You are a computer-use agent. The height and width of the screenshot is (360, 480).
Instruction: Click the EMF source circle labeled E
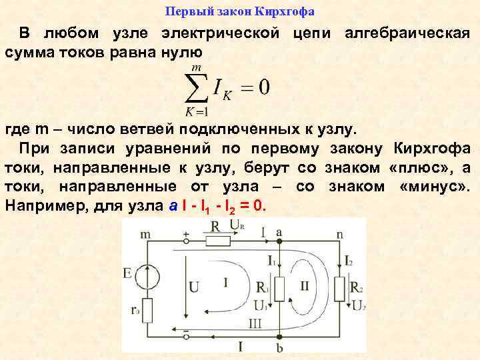pyautogui.click(x=147, y=276)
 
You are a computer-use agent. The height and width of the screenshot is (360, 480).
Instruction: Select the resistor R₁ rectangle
pyautogui.click(x=280, y=288)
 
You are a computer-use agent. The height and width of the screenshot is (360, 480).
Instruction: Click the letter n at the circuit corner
pyautogui.click(x=340, y=233)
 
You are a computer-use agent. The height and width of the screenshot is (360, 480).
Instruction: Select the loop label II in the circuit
pyautogui.click(x=305, y=285)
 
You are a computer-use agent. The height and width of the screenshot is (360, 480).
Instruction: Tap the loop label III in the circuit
pyautogui.click(x=255, y=323)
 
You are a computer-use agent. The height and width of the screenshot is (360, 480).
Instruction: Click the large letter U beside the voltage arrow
pyautogui.click(x=195, y=287)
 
